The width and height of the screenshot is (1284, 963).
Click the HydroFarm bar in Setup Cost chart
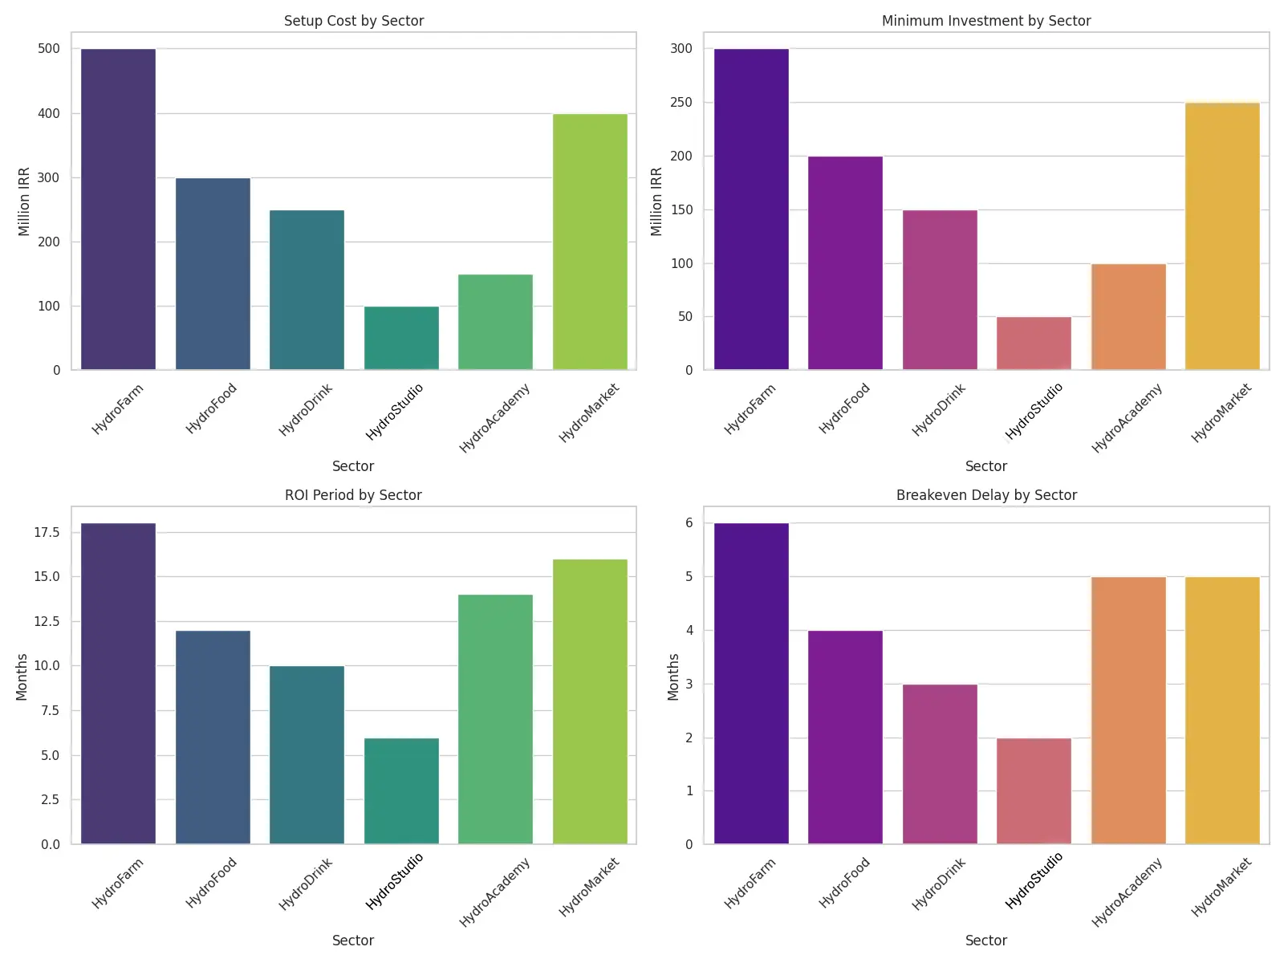click(x=119, y=209)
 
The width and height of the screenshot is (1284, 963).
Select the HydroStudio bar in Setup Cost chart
click(x=401, y=338)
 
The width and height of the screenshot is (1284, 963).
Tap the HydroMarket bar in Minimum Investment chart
click(x=1222, y=237)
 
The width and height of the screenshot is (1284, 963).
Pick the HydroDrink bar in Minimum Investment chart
click(x=940, y=290)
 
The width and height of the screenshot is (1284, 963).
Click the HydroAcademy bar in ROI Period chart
click(x=495, y=719)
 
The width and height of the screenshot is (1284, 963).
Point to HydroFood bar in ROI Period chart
click(x=213, y=737)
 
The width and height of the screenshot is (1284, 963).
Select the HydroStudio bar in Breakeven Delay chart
click(x=1034, y=791)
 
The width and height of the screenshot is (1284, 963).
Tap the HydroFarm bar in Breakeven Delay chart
click(x=751, y=684)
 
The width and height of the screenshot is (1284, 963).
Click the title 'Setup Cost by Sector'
click(x=354, y=21)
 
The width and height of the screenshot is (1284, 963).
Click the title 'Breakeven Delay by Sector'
click(x=986, y=495)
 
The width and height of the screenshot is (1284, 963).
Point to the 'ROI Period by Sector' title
click(x=353, y=495)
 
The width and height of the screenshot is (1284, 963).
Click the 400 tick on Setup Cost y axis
click(x=49, y=113)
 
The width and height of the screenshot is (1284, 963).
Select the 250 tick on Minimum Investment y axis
click(x=681, y=103)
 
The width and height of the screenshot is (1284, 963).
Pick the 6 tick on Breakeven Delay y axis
click(x=688, y=523)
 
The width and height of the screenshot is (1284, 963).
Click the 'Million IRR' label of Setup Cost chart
click(x=24, y=201)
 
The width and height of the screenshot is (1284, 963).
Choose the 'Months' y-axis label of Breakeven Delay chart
click(x=673, y=677)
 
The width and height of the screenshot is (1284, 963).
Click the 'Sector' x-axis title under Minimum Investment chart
click(x=986, y=466)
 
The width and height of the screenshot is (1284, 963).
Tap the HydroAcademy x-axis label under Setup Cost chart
click(x=495, y=419)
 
